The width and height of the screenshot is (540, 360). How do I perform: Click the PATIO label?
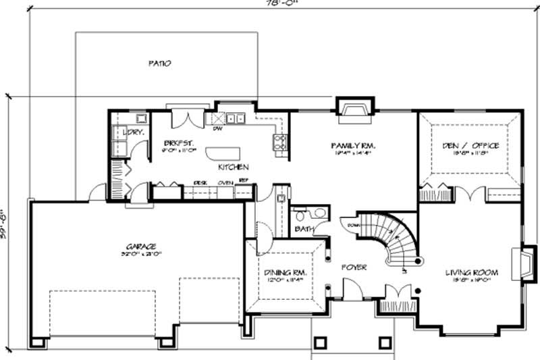[x=160, y=63]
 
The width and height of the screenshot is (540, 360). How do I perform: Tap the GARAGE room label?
[x=140, y=247]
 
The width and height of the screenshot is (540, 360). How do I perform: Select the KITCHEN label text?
[x=233, y=167]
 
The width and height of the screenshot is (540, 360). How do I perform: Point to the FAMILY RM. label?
[x=352, y=145]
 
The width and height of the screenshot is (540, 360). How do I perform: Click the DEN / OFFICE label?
[x=470, y=145]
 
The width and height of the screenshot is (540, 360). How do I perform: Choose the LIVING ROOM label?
[x=471, y=273]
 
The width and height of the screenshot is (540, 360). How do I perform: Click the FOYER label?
[x=354, y=268]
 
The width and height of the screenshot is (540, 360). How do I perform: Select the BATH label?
[x=304, y=230]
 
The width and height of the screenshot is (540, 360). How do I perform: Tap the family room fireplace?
[x=354, y=107]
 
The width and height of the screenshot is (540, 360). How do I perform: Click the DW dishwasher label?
[x=218, y=128]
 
